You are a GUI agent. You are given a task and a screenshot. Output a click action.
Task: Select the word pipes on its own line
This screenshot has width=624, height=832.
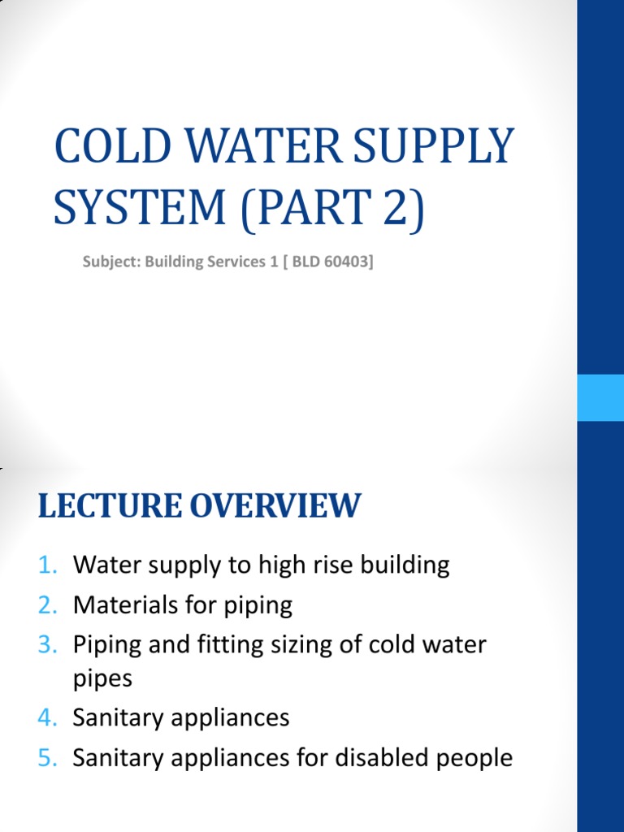click(x=102, y=678)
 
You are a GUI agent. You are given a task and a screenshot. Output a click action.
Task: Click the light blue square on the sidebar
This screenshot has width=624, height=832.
click(x=600, y=397)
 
